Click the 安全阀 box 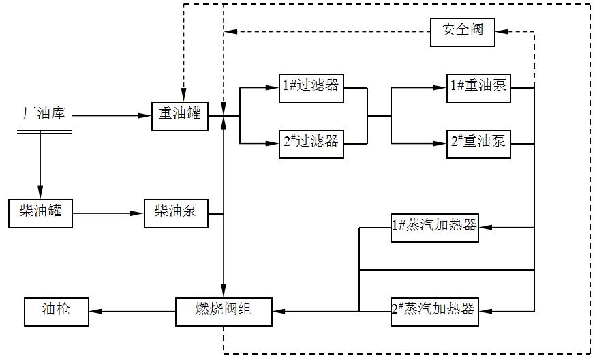462,31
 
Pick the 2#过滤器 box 311,142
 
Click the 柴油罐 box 40,213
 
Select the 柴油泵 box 175,213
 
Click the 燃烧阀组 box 224,311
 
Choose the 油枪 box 56,311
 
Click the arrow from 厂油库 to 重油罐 112,116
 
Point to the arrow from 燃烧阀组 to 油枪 132,312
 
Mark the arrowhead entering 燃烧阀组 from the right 278,312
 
